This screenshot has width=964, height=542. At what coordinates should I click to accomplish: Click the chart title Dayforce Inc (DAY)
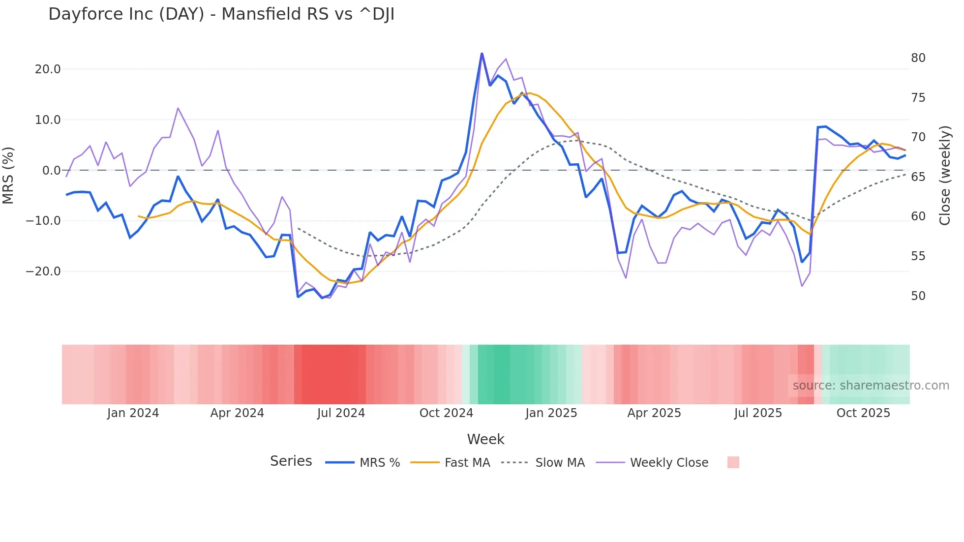tap(221, 14)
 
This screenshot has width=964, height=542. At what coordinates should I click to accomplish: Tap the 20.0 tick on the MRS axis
tap(48, 69)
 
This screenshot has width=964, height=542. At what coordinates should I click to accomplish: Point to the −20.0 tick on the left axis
tap(43, 271)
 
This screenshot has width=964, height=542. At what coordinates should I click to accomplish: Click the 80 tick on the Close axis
tap(918, 58)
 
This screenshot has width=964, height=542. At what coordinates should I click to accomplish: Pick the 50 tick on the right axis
tap(918, 296)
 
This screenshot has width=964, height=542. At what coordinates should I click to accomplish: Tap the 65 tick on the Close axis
tap(918, 177)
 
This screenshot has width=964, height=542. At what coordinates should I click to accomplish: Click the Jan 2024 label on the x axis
tap(133, 413)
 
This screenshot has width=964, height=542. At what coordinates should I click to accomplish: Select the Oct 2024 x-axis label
tap(446, 413)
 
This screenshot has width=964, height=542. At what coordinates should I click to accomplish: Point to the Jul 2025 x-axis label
tap(758, 413)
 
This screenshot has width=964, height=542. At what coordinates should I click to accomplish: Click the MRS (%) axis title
tap(8, 176)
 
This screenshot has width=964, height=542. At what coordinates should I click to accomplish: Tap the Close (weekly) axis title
tap(945, 176)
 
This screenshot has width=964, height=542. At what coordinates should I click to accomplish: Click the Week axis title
tap(485, 439)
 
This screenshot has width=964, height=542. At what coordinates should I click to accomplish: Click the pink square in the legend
tap(733, 462)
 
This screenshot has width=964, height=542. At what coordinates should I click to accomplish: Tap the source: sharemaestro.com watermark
tap(871, 386)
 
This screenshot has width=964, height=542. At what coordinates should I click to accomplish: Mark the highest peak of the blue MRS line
tap(482, 53)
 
